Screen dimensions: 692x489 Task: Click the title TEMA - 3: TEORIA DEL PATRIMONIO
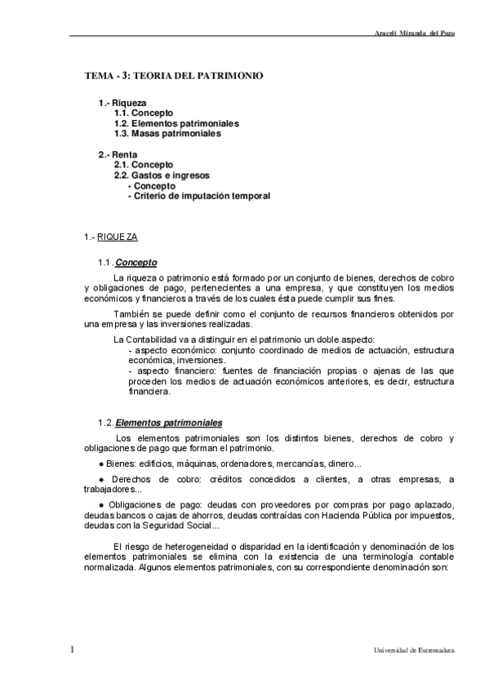174,75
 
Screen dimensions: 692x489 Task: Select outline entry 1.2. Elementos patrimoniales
176,123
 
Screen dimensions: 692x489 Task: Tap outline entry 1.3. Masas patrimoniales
167,134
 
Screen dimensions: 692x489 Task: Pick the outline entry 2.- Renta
118,154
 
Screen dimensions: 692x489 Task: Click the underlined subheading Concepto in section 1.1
136,263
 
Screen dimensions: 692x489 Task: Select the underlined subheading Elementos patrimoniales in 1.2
168,423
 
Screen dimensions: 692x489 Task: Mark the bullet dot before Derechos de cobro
102,479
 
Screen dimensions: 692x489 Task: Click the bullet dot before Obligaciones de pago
102,505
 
